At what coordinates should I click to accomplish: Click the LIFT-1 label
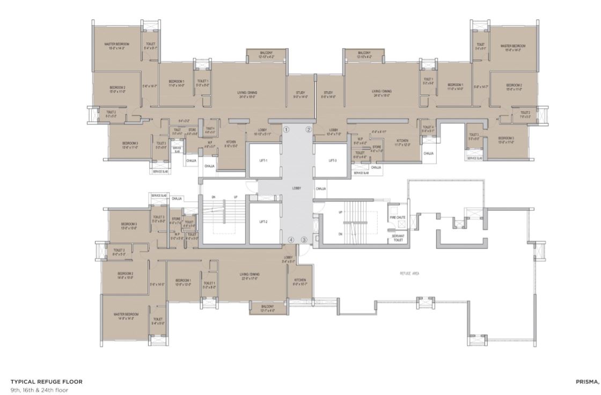[263, 160]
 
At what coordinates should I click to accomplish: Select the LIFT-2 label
[263, 221]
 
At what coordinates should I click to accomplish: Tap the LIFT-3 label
[332, 160]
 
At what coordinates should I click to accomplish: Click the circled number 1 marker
[287, 129]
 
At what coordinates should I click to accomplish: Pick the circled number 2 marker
[309, 129]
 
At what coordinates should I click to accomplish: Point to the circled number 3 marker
[304, 240]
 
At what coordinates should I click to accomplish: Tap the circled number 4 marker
[291, 240]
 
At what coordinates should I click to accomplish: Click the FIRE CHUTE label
[397, 217]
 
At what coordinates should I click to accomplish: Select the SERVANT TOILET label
[398, 238]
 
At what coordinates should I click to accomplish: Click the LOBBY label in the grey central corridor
[296, 188]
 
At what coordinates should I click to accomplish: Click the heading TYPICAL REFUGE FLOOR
[47, 382]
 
